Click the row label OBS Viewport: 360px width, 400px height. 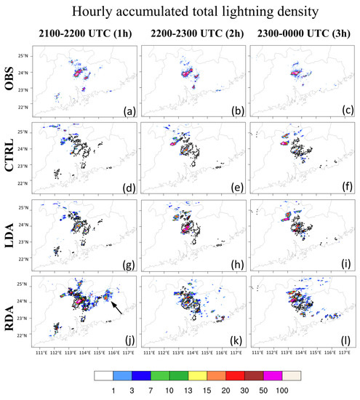tap(12, 80)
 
